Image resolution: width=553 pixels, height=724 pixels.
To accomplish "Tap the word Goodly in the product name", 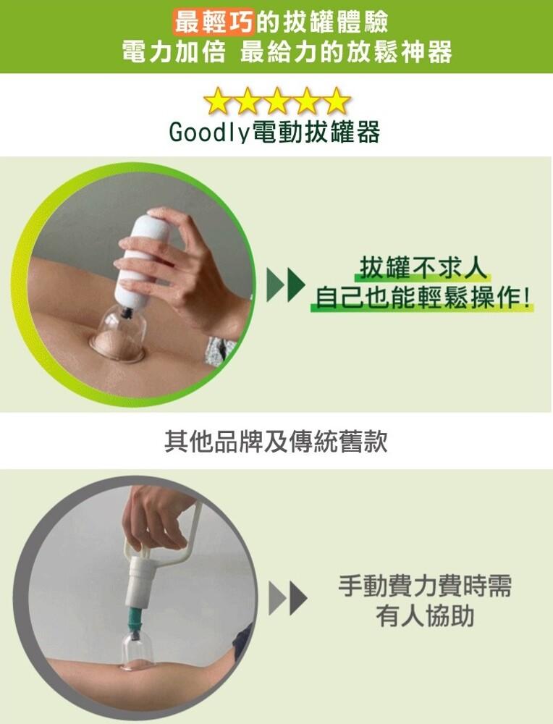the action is pos(209,132).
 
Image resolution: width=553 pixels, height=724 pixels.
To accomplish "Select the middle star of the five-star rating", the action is pos(277,101).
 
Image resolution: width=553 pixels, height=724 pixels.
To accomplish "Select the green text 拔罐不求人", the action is pos(423,268).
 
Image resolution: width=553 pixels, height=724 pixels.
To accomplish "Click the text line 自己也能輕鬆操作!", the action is pos(423,298).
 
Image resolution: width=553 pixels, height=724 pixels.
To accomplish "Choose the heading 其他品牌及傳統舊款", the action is pos(276,442).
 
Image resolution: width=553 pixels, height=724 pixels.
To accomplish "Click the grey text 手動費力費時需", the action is pos(425,586).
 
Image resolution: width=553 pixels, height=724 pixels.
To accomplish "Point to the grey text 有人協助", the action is pos(425,616).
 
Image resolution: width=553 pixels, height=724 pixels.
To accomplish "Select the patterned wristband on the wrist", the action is pos(220,350).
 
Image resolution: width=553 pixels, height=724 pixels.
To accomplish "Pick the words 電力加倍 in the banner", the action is pos(174,51).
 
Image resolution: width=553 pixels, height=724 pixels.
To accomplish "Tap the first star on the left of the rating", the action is pos(217,101).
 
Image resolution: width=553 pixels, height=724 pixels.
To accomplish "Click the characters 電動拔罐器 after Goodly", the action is pos(316,132).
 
